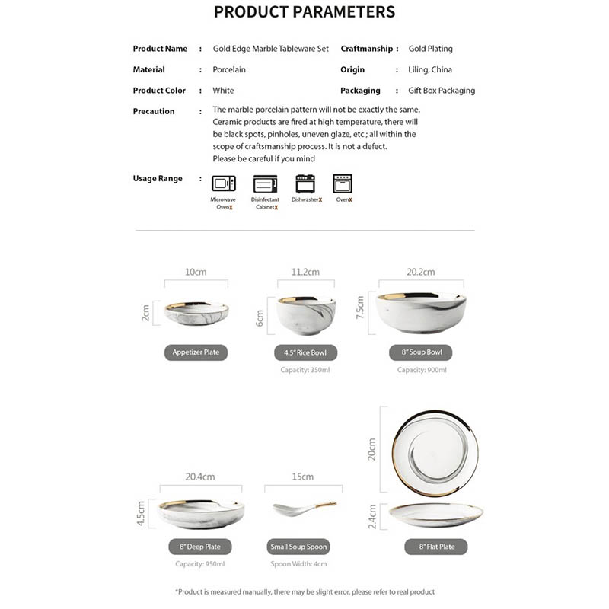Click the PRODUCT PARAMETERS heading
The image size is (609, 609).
[304, 12]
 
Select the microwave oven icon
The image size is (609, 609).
[223, 183]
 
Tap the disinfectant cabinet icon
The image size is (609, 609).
[264, 183]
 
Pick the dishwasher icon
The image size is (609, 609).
[305, 183]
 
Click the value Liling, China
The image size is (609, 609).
[430, 69]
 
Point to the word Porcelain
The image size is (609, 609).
[229, 69]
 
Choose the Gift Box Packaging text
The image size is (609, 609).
[442, 90]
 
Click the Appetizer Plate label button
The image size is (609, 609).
[196, 352]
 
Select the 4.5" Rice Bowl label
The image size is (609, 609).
[305, 352]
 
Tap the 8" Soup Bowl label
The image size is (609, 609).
[422, 352]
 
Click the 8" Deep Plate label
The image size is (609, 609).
[199, 547]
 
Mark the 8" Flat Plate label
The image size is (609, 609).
[436, 547]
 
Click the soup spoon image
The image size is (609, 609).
[303, 508]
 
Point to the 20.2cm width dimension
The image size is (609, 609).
[420, 272]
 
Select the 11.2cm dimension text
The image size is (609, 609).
[305, 272]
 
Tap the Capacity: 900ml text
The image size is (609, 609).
[422, 370]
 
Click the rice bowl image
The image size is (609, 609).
[306, 313]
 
